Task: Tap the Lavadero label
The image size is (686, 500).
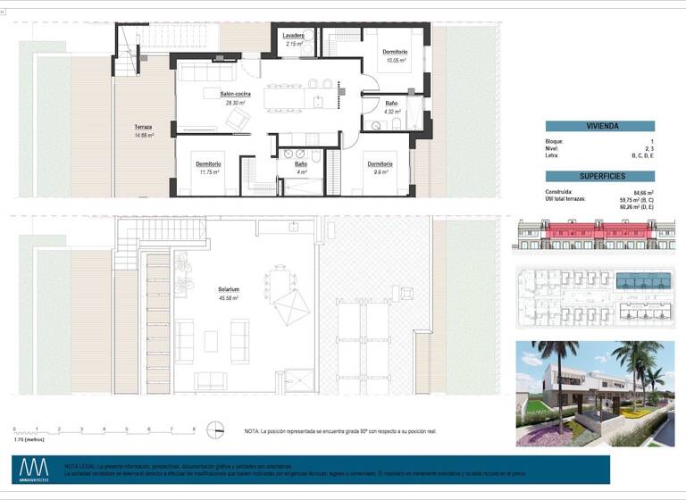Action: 295,35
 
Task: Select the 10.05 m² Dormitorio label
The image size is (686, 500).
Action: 395,52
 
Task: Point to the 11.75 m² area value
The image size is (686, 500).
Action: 209,172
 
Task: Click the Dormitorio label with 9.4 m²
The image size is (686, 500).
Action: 381,163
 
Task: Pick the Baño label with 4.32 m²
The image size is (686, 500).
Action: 391,104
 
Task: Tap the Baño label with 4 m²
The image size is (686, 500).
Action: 301,164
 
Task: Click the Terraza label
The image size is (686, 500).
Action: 144,128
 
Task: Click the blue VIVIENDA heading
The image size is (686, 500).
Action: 599,127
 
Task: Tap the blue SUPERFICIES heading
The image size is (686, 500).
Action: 599,177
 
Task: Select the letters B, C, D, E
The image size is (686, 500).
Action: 642,156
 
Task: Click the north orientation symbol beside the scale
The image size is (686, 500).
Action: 213,430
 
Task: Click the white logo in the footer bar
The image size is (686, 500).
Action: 35,468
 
